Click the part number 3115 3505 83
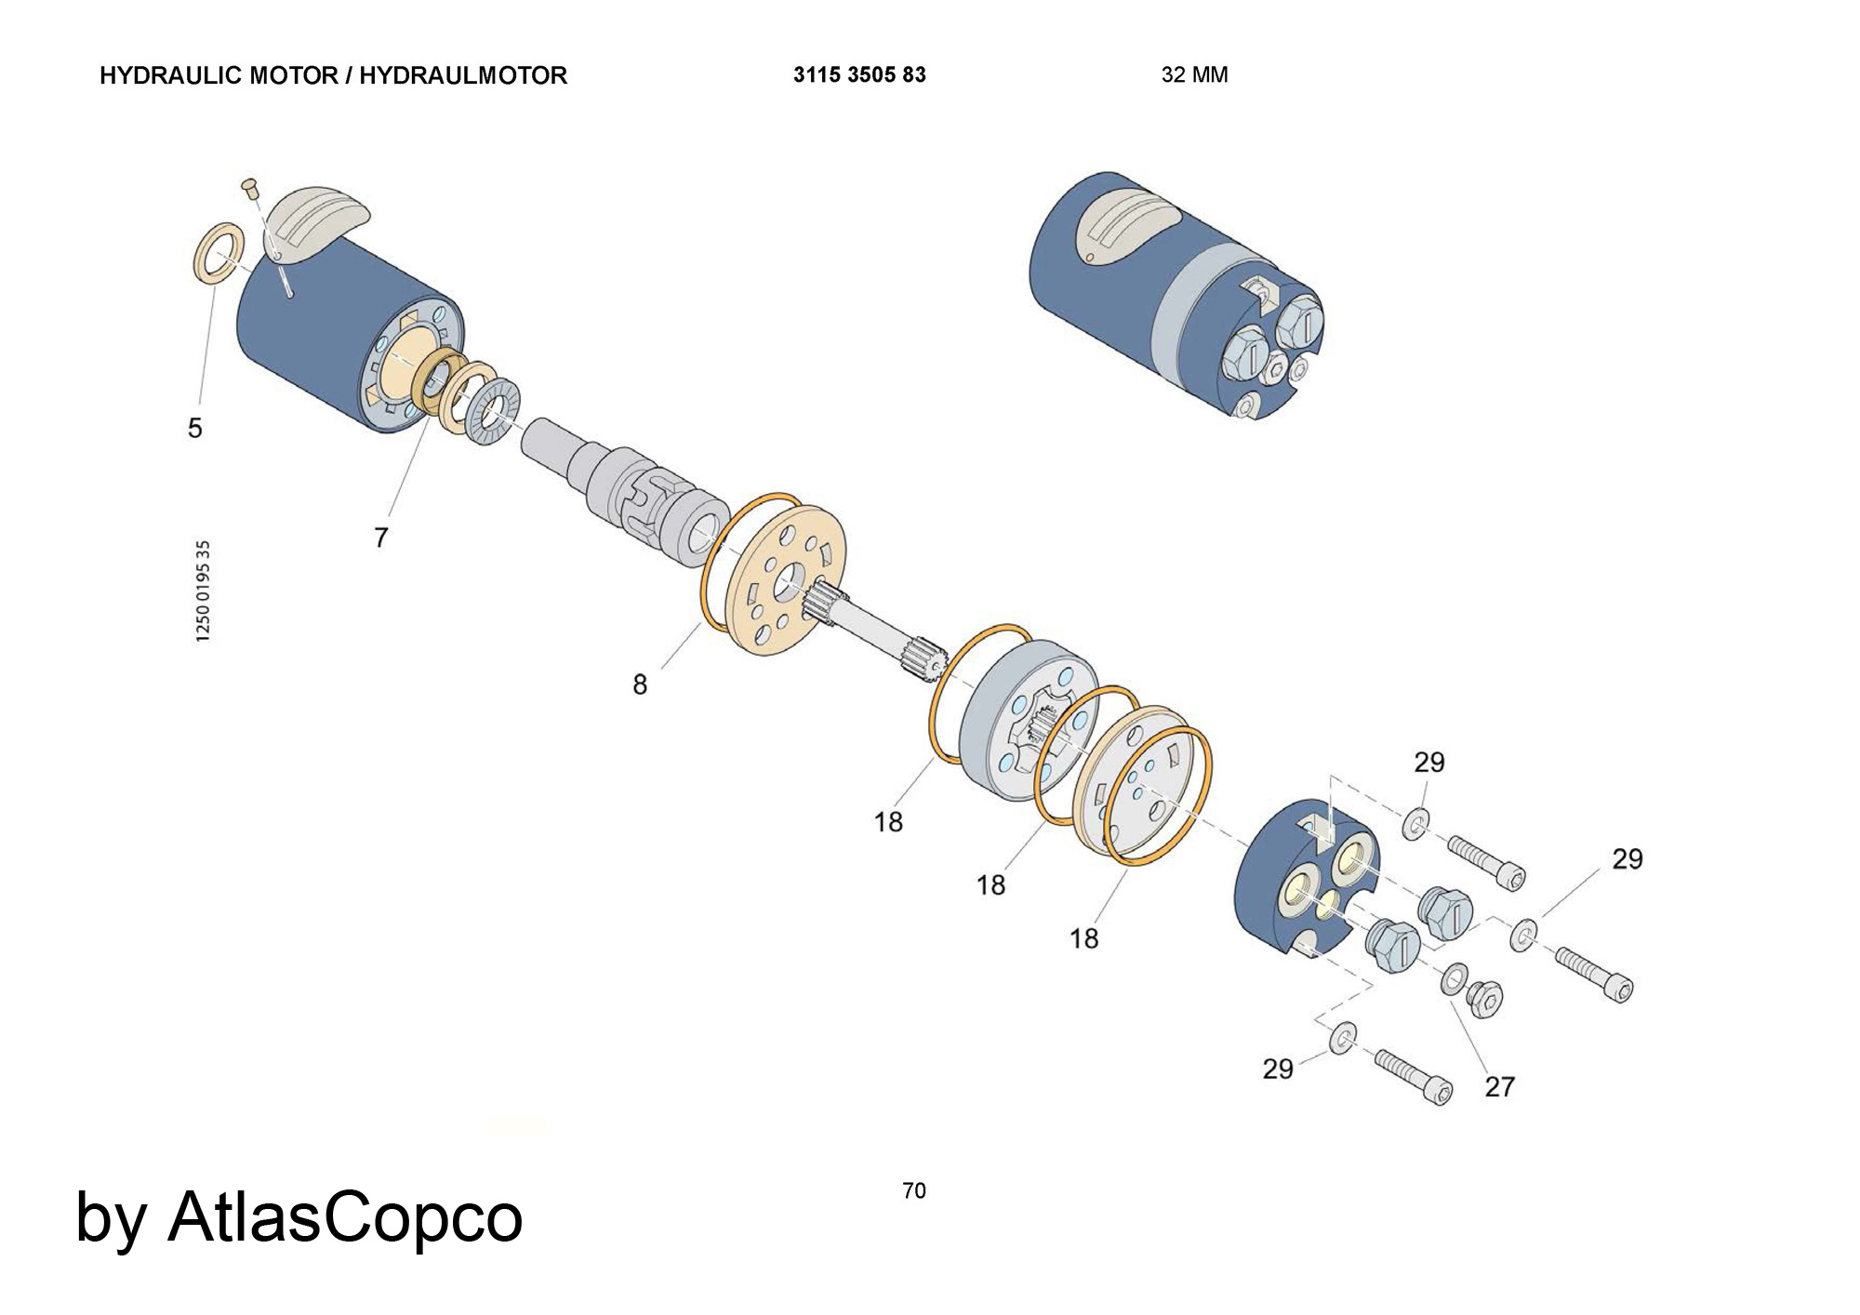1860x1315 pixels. tap(859, 75)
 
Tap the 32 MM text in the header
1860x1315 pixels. tap(1194, 75)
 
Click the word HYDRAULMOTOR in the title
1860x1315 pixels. tap(463, 75)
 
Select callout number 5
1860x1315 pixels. tap(194, 428)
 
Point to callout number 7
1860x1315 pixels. tap(380, 538)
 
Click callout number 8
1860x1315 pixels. tap(640, 684)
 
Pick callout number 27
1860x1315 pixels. tap(1499, 1086)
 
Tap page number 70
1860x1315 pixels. tap(914, 1190)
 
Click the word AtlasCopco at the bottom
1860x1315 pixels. tap(345, 1216)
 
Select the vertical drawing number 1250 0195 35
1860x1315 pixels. tap(204, 591)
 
